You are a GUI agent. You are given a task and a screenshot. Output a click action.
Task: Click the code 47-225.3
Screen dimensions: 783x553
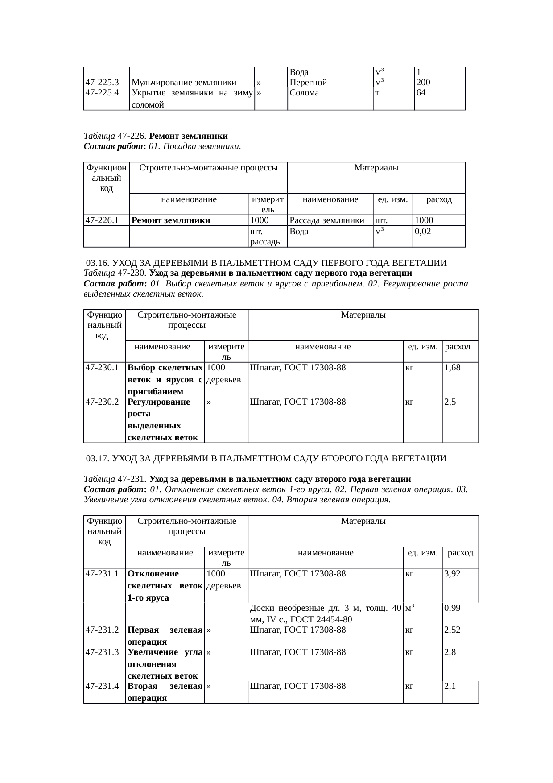pos(102,83)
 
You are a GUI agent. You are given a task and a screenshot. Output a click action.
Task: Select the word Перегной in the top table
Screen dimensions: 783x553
pos(308,83)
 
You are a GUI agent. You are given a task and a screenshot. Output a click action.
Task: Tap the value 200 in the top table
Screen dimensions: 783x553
pos(423,83)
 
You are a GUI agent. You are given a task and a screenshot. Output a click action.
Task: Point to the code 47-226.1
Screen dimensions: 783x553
pos(102,220)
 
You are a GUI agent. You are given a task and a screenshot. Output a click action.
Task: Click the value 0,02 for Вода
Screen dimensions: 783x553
pos(423,232)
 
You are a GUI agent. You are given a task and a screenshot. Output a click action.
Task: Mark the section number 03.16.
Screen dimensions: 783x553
pos(97,263)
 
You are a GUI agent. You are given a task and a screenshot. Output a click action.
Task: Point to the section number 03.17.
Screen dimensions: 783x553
pos(97,458)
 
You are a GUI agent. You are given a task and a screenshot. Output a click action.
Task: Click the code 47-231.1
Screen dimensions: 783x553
pos(102,574)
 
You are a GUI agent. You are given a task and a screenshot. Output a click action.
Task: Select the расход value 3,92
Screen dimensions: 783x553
pos(452,574)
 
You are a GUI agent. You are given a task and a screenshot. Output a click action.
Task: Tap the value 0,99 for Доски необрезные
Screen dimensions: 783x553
pos(452,608)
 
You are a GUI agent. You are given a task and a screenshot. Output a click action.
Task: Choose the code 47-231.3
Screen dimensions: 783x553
pos(102,652)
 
